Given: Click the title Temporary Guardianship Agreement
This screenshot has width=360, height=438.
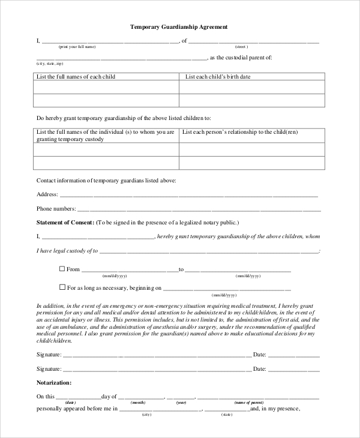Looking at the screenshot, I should (x=179, y=27).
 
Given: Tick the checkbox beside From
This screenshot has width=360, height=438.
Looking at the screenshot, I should (x=62, y=269).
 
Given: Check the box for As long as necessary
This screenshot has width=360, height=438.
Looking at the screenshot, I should (x=62, y=287).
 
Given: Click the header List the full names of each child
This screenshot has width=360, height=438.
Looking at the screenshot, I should (x=76, y=77).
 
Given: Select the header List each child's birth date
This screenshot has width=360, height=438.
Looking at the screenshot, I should (x=218, y=77).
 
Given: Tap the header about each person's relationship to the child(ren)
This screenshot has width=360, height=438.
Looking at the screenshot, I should (x=240, y=132).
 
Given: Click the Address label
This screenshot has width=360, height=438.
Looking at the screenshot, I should (x=47, y=194).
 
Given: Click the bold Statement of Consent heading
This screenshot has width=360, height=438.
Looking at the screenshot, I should (x=65, y=223).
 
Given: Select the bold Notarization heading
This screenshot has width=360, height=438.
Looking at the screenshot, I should (x=54, y=382).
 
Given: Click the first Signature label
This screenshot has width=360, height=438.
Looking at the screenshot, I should (x=49, y=355).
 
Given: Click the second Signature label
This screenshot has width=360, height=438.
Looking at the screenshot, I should (x=49, y=369).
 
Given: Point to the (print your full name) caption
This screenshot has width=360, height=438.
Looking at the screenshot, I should (x=77, y=47).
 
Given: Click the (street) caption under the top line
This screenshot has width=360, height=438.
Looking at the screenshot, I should (x=241, y=47).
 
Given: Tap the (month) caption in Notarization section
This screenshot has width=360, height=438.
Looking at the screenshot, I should (x=138, y=402).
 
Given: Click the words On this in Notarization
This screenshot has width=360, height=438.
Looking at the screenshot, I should (x=46, y=397).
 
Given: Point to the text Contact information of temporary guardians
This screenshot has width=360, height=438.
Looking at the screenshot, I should (x=106, y=180).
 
